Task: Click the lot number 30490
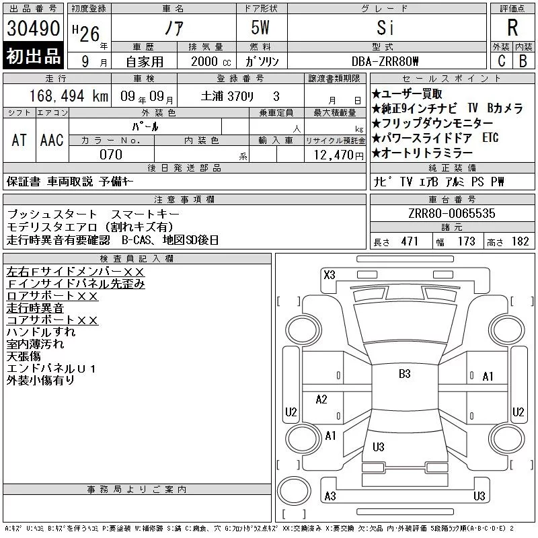tap(33, 28)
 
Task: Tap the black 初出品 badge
tap(33, 56)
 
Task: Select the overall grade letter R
tap(512, 28)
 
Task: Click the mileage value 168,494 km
tap(69, 96)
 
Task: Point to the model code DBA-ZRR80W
tap(385, 61)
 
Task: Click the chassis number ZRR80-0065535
tap(452, 213)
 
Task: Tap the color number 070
tap(111, 155)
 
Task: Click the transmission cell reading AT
tap(20, 140)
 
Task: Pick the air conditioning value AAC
tap(52, 140)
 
